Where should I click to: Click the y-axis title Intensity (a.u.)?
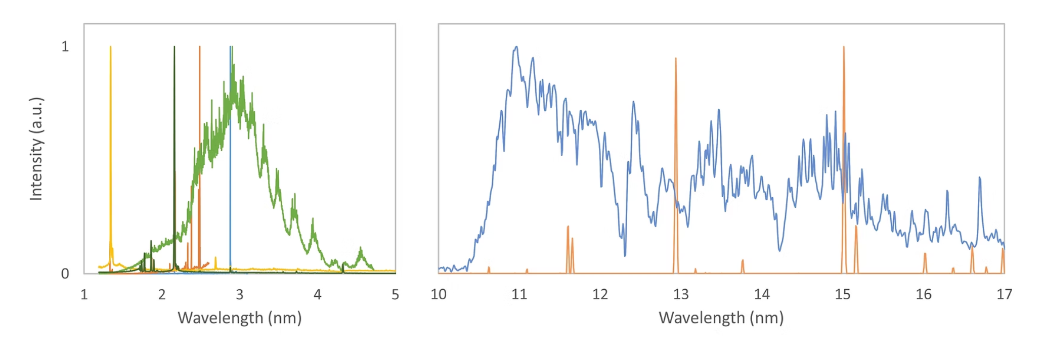tap(36, 149)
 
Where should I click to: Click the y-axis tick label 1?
tap(65, 47)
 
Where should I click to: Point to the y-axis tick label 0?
tap(65, 274)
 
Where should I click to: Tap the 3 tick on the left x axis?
tap(240, 294)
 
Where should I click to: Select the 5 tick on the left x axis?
tap(395, 294)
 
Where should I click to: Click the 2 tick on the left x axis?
tap(162, 294)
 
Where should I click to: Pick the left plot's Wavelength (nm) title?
tap(240, 318)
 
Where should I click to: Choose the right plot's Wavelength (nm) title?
tap(721, 318)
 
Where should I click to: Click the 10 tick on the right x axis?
tap(439, 294)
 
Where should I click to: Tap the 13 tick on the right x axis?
tap(681, 294)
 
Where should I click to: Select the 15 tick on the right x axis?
tap(843, 294)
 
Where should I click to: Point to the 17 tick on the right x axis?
tap(1004, 294)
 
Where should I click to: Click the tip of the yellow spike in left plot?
tap(111, 47)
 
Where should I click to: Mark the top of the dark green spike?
tap(175, 47)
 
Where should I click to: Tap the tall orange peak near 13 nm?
tap(676, 59)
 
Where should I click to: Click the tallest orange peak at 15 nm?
tap(844, 47)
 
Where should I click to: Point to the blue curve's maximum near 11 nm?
tap(516, 47)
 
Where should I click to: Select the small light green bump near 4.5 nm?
tap(361, 248)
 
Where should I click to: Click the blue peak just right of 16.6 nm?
tap(980, 177)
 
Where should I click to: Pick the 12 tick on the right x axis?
tap(600, 294)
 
